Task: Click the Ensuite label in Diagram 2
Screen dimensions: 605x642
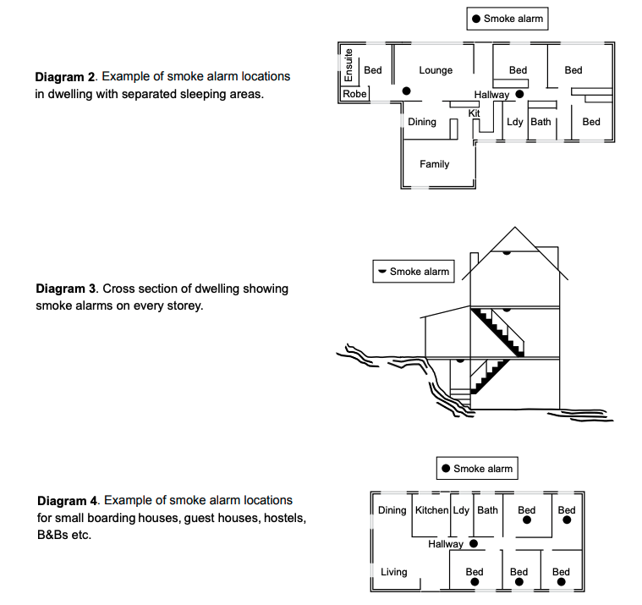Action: tap(348, 65)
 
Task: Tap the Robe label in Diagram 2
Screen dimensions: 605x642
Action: tap(354, 94)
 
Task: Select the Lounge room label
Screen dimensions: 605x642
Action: tap(436, 70)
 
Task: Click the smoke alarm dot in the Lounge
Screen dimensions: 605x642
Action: tap(406, 91)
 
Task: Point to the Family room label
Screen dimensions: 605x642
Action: tap(434, 164)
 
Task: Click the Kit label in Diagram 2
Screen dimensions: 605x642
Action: tap(474, 113)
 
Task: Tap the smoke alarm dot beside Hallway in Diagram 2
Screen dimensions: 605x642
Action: tap(519, 95)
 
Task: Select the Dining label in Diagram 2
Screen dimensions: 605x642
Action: tap(422, 122)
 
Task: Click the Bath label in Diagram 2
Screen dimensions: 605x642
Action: tap(540, 122)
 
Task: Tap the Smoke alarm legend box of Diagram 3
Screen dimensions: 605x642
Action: tap(414, 272)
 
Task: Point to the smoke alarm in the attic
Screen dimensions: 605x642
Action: tap(506, 252)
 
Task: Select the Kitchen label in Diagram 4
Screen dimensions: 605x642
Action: tap(431, 510)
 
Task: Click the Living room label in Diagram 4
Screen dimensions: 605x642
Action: tap(393, 572)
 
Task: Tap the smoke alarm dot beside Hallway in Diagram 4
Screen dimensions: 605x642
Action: tap(473, 544)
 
